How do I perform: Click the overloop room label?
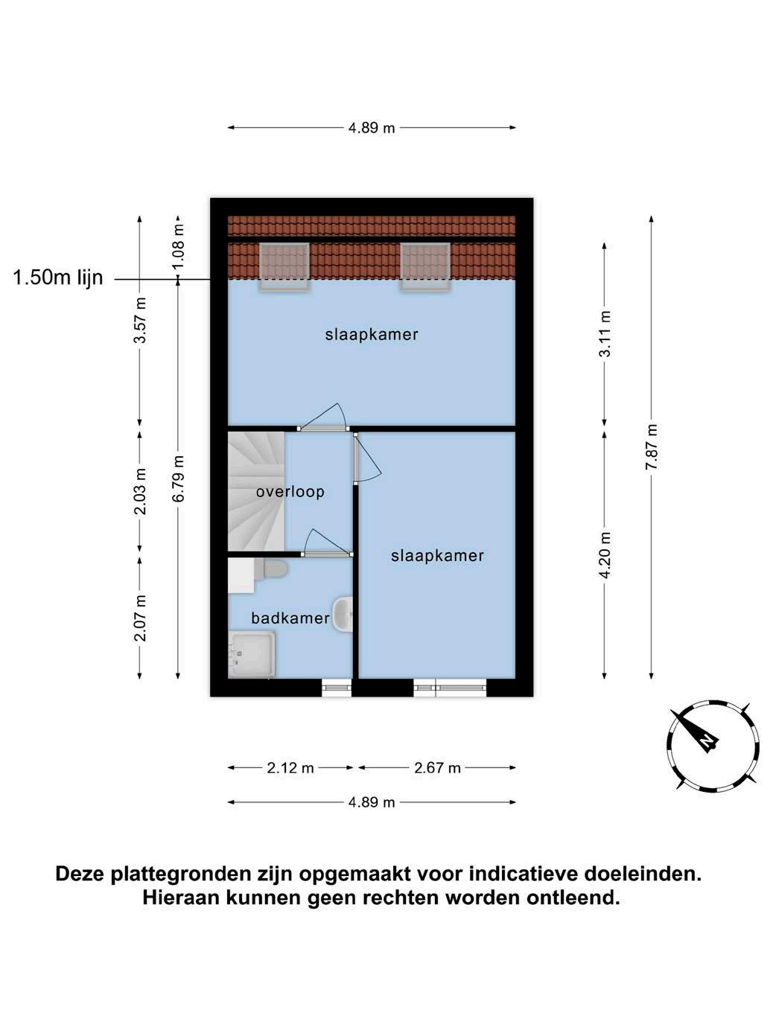pyautogui.click(x=290, y=492)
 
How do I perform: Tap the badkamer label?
pyautogui.click(x=290, y=618)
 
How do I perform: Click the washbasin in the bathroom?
pyautogui.click(x=343, y=614)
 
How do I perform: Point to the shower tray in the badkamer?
pyautogui.click(x=252, y=655)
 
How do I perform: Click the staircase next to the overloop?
pyautogui.click(x=256, y=491)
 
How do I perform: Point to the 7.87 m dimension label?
pyautogui.click(x=652, y=447)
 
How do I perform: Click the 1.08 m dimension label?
pyautogui.click(x=178, y=247)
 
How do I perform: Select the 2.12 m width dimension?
pyautogui.click(x=290, y=768)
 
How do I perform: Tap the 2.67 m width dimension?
pyautogui.click(x=437, y=768)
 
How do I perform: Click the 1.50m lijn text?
pyautogui.click(x=58, y=278)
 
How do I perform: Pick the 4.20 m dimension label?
pyautogui.click(x=605, y=554)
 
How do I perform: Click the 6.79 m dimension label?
pyautogui.click(x=178, y=479)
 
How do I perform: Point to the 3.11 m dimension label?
pyautogui.click(x=605, y=333)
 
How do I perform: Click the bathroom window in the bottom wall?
pyautogui.click(x=337, y=688)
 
